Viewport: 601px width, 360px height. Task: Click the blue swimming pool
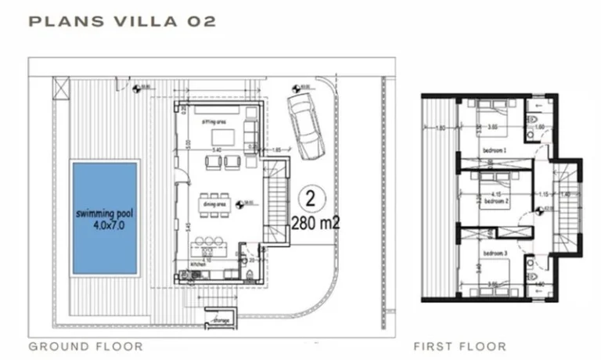[105, 218]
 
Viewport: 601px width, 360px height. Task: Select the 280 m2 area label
[316, 222]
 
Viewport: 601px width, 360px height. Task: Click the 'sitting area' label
[214, 123]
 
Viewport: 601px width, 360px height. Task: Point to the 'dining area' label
[214, 204]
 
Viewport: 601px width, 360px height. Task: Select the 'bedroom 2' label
[496, 201]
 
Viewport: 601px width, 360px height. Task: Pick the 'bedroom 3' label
[495, 254]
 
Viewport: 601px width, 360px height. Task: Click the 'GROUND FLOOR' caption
[85, 346]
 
